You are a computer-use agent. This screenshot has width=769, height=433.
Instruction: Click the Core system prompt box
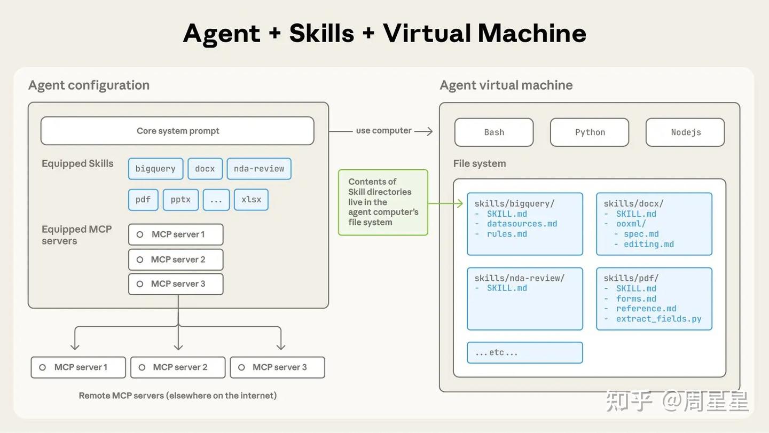[177, 131]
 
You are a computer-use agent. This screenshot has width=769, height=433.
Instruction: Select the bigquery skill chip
[155, 169]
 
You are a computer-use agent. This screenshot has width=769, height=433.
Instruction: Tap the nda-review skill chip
[259, 169]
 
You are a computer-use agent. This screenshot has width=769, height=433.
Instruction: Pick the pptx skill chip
[181, 200]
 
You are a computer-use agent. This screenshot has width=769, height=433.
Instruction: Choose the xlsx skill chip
[251, 200]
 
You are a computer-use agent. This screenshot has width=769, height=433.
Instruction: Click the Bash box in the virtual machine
[494, 132]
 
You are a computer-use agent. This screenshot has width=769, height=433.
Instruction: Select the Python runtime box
[590, 132]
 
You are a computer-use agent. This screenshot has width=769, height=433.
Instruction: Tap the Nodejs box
[685, 132]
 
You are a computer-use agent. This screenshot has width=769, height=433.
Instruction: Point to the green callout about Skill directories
[383, 202]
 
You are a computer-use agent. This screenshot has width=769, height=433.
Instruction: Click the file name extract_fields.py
[658, 319]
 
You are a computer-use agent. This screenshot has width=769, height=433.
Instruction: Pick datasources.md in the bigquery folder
[522, 224]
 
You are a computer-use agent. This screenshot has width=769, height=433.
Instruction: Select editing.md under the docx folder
[649, 244]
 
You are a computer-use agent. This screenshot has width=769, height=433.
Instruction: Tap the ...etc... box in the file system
[524, 352]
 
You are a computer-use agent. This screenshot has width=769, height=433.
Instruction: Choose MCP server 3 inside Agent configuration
[176, 284]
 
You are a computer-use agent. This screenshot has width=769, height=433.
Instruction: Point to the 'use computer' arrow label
[383, 131]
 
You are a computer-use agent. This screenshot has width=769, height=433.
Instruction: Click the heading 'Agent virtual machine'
[506, 85]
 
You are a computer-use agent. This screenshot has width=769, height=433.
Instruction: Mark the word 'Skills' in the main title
[321, 34]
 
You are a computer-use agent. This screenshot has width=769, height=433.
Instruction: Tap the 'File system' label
[479, 163]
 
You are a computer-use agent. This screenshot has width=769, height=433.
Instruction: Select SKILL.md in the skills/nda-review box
[507, 288]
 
